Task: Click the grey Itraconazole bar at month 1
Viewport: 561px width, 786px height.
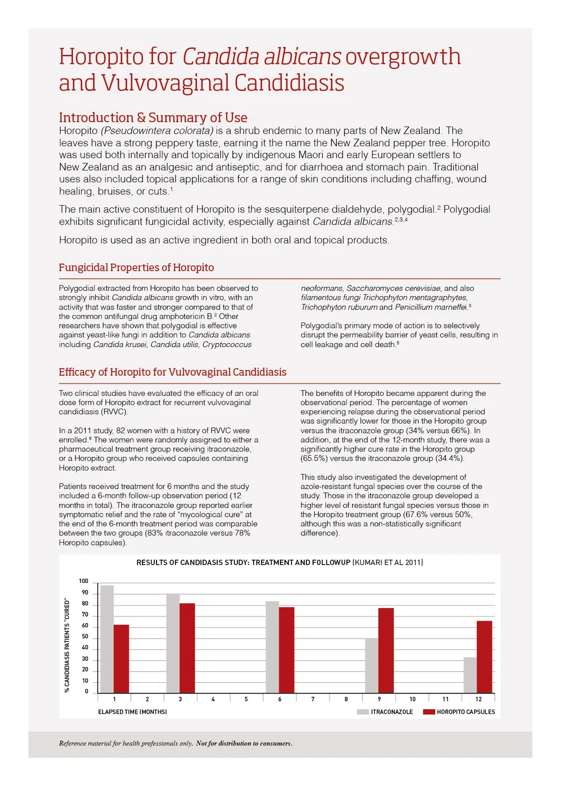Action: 107,639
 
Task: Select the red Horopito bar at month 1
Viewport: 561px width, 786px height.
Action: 121,659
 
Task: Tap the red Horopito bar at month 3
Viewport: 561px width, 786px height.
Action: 187,648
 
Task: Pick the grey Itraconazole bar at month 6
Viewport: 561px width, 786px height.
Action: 272,647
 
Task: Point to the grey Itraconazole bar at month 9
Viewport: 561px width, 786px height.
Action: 371,665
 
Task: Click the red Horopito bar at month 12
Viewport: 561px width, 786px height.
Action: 484,656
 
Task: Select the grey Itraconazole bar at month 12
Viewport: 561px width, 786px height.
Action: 470,675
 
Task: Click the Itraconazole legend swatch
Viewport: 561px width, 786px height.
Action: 362,712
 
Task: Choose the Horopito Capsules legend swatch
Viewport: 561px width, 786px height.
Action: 429,712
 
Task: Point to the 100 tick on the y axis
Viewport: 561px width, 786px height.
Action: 84,581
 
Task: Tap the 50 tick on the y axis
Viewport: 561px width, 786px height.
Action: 85,637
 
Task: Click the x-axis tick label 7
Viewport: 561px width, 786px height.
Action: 313,699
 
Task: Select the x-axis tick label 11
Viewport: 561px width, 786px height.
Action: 445,699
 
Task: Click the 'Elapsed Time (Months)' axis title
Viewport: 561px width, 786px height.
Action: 132,712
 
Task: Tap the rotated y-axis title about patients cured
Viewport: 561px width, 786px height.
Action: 67,645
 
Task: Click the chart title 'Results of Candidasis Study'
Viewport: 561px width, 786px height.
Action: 279,562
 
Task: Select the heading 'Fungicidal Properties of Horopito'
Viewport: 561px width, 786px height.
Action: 136,267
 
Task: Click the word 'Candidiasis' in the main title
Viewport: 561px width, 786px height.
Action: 289,83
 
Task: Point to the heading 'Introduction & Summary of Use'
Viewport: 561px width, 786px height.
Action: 153,118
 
